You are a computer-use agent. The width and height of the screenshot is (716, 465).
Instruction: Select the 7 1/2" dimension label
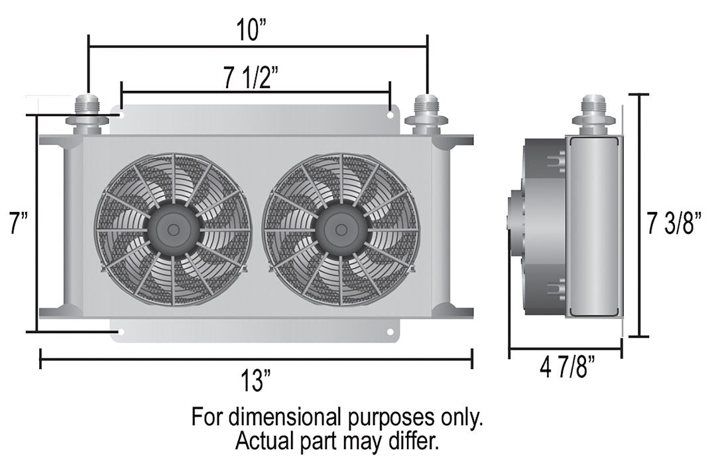click(255, 79)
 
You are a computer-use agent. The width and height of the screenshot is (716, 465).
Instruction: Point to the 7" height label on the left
click(16, 224)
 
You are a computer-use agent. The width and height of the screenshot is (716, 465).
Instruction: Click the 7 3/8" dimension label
click(675, 224)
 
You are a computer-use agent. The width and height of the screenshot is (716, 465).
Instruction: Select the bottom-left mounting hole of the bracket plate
click(120, 331)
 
